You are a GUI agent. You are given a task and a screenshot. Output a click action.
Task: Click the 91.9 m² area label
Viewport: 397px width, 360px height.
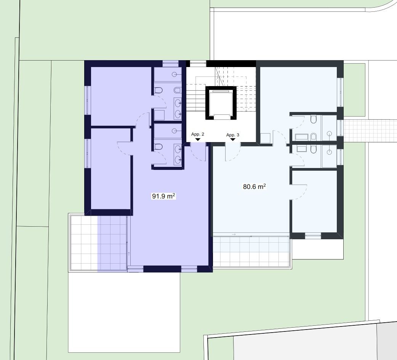point(163,196)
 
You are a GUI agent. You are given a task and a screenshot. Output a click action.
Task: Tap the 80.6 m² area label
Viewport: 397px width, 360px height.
point(254,187)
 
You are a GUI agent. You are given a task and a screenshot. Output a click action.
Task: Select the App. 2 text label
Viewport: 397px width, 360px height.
point(197,134)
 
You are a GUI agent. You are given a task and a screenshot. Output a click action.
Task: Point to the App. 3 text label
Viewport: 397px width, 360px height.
point(232,135)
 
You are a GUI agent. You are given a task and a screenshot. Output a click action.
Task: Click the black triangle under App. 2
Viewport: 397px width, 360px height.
point(198,139)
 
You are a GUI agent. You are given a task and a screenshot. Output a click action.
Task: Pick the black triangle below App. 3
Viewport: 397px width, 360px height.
point(233,139)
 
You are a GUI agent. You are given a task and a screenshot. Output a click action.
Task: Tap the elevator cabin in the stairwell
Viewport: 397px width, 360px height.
point(221,103)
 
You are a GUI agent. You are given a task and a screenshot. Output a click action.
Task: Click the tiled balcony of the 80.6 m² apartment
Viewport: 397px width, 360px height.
point(252,251)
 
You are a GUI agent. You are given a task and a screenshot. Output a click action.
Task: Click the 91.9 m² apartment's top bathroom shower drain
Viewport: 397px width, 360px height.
point(174,74)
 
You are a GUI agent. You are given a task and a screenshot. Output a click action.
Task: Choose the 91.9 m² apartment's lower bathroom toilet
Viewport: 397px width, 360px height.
point(158,147)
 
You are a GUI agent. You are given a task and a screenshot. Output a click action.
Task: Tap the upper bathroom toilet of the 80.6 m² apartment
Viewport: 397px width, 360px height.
point(314,119)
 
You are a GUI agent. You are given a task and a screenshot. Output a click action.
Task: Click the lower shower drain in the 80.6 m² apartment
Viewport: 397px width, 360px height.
point(329,152)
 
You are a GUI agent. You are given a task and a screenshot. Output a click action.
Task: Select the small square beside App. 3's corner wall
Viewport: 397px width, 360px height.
point(265,138)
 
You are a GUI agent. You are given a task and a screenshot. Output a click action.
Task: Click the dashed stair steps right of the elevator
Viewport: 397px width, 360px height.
point(246,98)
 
